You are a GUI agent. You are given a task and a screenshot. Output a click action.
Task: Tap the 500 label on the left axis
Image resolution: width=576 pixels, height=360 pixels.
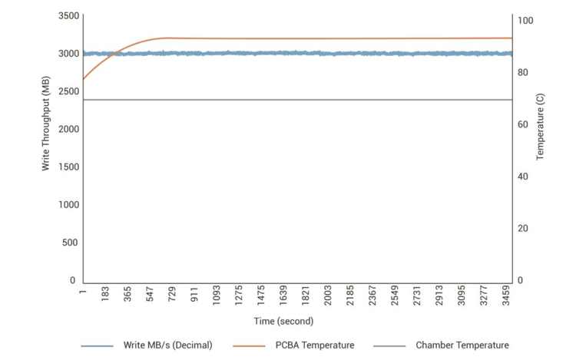point(68,243)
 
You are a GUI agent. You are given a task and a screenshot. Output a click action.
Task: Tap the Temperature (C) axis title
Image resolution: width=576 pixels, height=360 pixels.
point(540,126)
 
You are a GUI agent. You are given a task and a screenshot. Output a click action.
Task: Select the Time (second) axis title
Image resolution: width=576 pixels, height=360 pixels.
point(284,321)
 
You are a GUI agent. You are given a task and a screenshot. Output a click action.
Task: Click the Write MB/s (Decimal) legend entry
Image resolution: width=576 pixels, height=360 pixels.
point(167,345)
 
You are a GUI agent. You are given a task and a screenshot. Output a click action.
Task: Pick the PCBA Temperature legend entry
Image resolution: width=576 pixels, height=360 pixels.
point(314,345)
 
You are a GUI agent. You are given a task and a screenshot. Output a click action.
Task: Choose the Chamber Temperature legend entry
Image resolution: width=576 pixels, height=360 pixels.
point(462,345)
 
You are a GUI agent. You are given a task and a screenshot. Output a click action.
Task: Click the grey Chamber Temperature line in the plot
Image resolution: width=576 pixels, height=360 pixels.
point(307,100)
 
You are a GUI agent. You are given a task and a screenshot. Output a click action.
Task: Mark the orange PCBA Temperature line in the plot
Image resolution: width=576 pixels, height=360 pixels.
point(307,38)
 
